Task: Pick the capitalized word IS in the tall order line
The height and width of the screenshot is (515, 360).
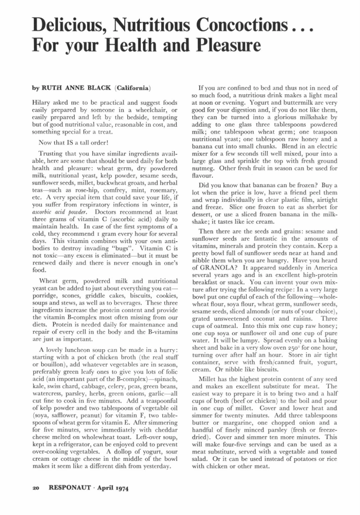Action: point(79,143)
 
